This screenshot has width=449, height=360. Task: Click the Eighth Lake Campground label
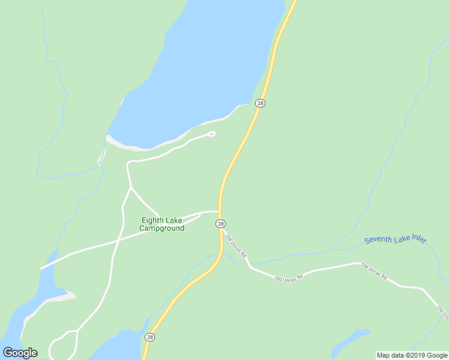[162, 224]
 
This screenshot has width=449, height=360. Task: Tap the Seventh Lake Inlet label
[395, 240]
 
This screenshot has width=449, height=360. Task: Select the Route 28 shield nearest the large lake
[259, 103]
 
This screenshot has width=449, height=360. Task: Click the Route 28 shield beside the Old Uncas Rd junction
[221, 224]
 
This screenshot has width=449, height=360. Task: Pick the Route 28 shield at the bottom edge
[150, 337]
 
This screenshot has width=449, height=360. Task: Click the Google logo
[20, 353]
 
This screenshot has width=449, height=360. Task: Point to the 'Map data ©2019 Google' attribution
[412, 355]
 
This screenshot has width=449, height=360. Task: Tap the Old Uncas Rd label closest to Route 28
[236, 246]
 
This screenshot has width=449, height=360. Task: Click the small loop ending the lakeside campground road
[211, 134]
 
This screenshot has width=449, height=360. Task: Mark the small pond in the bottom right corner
[351, 340]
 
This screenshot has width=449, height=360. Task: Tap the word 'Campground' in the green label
[162, 229]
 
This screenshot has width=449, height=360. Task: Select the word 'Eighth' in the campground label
[152, 220]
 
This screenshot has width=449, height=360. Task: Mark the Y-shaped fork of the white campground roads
[131, 188]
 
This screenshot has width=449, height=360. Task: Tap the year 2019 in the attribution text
[418, 355]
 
